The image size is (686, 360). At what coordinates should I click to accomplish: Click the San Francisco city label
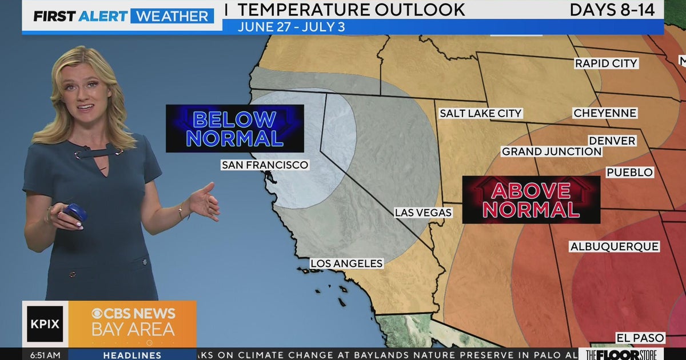265,165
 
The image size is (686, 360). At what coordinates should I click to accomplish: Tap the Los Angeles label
346,263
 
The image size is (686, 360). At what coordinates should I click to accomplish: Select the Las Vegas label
423,213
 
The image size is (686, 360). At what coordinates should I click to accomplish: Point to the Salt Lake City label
480,113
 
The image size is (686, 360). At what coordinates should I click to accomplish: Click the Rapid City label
606,63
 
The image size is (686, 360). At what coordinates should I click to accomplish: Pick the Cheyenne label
605,113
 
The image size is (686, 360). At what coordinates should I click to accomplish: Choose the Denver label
612,141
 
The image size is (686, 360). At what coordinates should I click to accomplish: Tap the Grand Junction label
552,151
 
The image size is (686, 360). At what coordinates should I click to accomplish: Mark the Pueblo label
629,172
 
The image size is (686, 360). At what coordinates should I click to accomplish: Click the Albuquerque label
615,246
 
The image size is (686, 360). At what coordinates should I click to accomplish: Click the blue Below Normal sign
234,129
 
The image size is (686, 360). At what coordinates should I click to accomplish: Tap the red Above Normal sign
531,199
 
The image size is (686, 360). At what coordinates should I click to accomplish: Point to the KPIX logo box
45,324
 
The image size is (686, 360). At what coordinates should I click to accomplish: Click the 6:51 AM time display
45,355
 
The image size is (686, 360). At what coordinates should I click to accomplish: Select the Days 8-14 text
612,10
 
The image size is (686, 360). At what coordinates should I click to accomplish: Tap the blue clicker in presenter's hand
75,212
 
